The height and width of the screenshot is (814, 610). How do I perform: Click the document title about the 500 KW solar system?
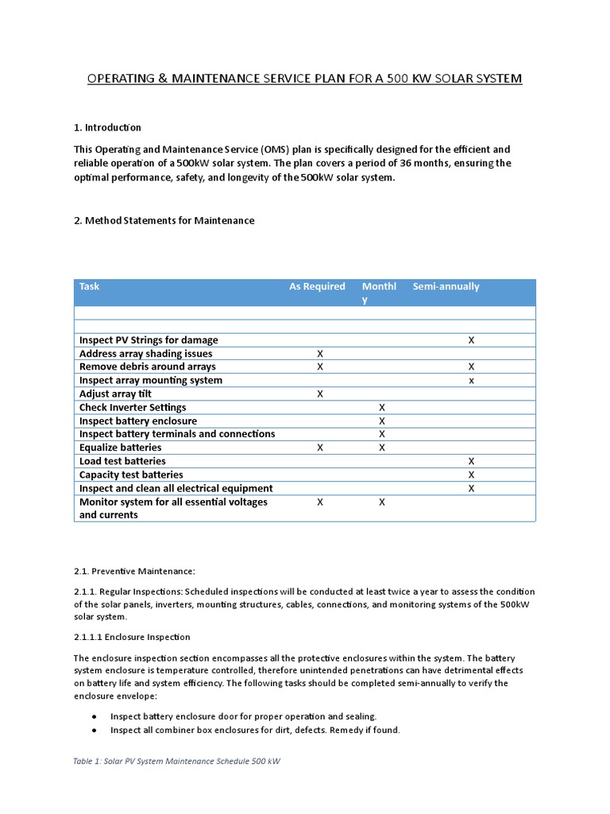pyautogui.click(x=304, y=79)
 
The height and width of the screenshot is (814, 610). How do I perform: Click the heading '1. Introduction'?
pyautogui.click(x=107, y=127)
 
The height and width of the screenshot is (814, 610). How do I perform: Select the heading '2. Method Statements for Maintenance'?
pyautogui.click(x=164, y=220)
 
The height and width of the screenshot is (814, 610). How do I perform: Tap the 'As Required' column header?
pyautogui.click(x=317, y=286)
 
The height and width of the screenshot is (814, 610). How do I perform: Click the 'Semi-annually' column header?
pyautogui.click(x=446, y=286)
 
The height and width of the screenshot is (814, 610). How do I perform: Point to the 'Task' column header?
pyautogui.click(x=90, y=286)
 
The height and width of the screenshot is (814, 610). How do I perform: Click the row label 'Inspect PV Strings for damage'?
pyautogui.click(x=149, y=340)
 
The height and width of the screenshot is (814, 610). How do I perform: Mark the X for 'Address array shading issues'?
pyautogui.click(x=320, y=354)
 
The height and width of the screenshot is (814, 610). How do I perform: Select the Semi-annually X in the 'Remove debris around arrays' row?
pyautogui.click(x=471, y=367)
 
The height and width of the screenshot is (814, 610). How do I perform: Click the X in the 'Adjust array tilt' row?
pyautogui.click(x=320, y=394)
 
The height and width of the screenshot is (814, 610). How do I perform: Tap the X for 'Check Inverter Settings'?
pyautogui.click(x=382, y=408)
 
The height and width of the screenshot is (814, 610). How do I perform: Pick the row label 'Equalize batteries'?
pyautogui.click(x=121, y=448)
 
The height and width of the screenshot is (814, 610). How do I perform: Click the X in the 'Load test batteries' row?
pyautogui.click(x=471, y=461)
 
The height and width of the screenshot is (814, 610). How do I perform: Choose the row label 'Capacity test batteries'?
pyautogui.click(x=131, y=475)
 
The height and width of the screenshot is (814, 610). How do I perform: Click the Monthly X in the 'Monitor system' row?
pyautogui.click(x=382, y=502)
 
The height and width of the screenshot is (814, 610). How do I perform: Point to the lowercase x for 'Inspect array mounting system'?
pyautogui.click(x=471, y=381)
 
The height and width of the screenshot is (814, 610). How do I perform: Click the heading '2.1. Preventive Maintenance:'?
pyautogui.click(x=133, y=571)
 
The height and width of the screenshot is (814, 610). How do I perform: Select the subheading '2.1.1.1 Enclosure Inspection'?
pyautogui.click(x=132, y=637)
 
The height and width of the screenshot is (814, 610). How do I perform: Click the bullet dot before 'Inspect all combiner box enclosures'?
pyautogui.click(x=94, y=730)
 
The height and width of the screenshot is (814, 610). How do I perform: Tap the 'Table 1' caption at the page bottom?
pyautogui.click(x=176, y=761)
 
